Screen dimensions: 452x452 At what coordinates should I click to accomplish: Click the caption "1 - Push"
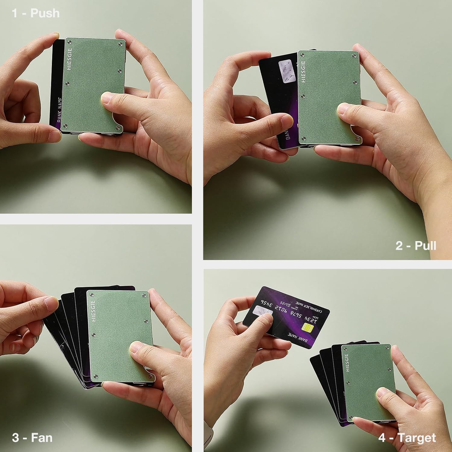36,13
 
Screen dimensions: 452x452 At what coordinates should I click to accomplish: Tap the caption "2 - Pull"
416,246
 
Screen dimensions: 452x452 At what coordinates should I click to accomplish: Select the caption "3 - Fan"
32,438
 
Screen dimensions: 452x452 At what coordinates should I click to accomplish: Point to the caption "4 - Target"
407,438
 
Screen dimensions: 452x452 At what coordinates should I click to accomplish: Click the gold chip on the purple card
308,327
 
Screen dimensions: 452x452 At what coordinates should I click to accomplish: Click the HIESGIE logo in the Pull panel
303,71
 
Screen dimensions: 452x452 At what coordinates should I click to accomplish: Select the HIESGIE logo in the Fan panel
93,311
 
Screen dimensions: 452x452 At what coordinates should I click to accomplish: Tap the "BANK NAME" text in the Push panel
59,110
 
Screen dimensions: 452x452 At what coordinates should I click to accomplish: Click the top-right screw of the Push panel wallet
121,44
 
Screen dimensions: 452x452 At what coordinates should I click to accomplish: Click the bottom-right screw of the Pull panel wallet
357,138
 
